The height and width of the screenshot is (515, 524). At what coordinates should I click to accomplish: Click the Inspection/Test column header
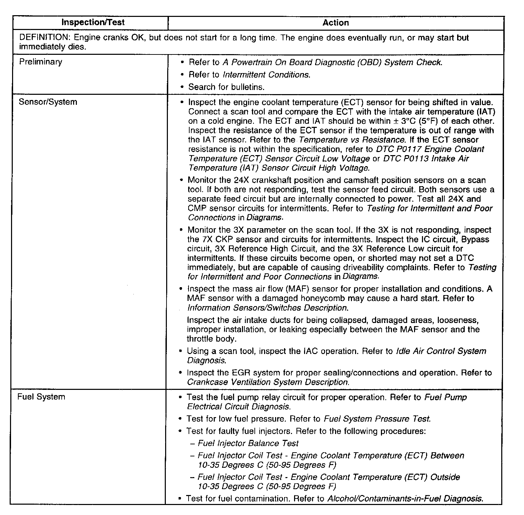(93, 23)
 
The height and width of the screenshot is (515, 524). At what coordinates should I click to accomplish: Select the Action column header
(335, 23)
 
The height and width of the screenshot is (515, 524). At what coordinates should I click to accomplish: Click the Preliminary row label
(41, 62)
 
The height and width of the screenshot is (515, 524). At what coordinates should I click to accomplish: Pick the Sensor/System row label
(48, 102)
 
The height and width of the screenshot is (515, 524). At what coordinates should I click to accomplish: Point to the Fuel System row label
(41, 397)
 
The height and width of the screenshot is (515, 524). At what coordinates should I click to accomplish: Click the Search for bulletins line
(226, 87)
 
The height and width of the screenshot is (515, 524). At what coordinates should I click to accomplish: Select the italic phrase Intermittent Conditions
(266, 75)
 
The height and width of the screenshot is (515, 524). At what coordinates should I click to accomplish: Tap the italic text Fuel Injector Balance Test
(248, 443)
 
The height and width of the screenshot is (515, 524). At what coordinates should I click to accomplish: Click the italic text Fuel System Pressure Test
(377, 419)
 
